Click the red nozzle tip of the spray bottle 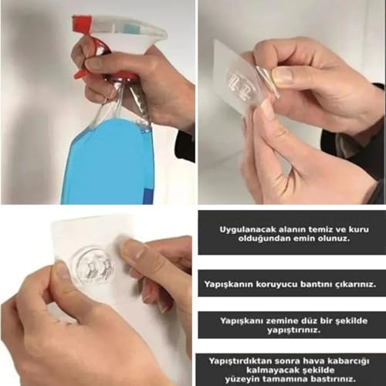(x=80, y=20)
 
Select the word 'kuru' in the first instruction (x=359, y=229)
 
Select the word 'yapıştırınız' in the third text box (x=293, y=330)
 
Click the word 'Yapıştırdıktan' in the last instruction (x=240, y=361)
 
